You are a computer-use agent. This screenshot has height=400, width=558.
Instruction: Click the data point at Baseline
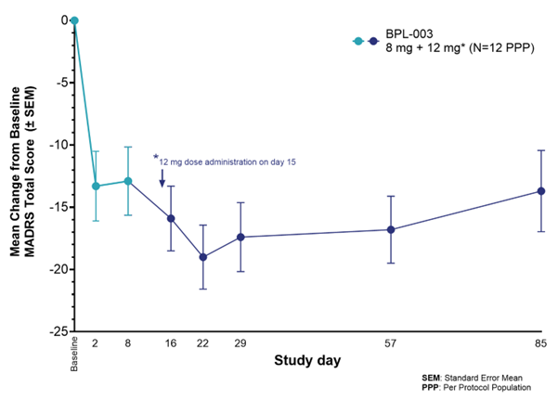point(74,19)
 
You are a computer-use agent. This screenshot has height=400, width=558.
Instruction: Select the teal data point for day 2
point(96,186)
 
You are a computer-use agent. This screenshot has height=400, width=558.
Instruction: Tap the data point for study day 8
point(128,181)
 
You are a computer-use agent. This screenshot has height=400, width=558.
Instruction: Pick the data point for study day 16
point(171,218)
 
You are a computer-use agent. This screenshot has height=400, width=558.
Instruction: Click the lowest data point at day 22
point(203,257)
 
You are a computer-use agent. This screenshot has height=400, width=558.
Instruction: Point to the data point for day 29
point(240,237)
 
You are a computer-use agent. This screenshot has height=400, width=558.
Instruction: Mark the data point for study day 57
point(391,229)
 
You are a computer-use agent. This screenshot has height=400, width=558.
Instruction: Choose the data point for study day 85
point(541,191)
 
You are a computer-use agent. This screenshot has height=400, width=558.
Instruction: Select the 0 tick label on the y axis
point(63,20)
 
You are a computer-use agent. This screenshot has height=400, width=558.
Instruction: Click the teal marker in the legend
point(357,42)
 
